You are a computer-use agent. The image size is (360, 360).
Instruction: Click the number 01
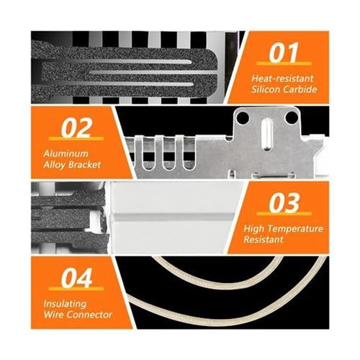click(x=284, y=52)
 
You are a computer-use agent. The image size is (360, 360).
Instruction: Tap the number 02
click(x=76, y=127)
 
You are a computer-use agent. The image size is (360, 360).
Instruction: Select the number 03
click(x=284, y=202)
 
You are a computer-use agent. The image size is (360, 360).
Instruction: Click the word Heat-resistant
click(x=282, y=78)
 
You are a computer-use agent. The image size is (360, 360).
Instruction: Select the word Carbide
click(x=300, y=89)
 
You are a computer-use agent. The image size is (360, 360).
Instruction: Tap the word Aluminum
click(x=66, y=153)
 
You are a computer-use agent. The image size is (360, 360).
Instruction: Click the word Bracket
click(x=84, y=165)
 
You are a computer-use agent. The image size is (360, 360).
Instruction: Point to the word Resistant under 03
click(x=264, y=240)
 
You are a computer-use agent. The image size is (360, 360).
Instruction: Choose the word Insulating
click(x=65, y=304)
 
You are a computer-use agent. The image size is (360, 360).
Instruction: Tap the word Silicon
click(x=266, y=89)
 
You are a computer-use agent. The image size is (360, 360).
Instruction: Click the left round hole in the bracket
click(x=243, y=117)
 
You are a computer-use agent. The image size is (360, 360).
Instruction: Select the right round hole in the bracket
click(x=291, y=117)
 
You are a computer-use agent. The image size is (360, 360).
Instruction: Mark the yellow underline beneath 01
click(x=284, y=63)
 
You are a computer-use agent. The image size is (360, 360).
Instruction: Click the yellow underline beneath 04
click(x=76, y=289)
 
